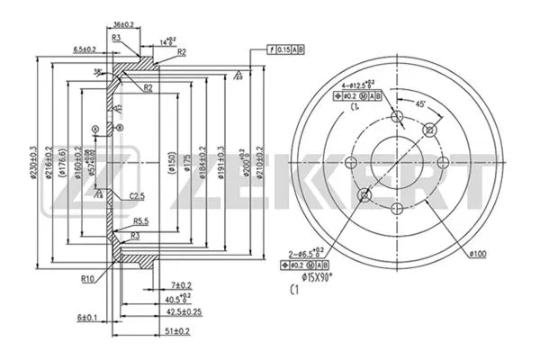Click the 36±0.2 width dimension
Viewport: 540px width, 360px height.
(125, 24)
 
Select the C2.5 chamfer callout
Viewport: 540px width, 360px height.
(137, 195)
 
